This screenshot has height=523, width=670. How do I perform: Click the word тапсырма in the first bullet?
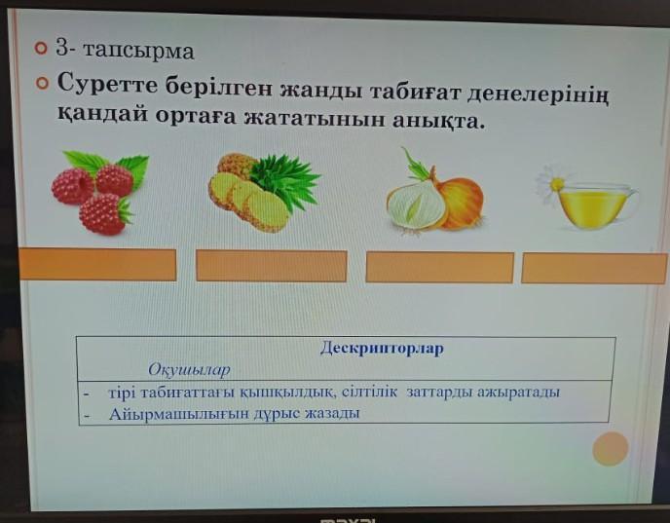(138, 51)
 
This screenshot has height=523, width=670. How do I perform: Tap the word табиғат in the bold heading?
(412, 92)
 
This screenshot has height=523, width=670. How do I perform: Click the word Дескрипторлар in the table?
(382, 348)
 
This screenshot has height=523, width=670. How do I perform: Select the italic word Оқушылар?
(189, 369)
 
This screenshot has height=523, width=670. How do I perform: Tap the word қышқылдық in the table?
(289, 392)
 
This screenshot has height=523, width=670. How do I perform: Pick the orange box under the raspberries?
(97, 265)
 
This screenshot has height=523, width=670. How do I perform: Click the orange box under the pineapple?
(272, 266)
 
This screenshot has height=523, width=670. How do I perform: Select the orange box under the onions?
(440, 268)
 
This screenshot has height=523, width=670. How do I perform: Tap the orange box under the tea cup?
(594, 269)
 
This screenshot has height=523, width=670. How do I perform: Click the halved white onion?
(415, 206)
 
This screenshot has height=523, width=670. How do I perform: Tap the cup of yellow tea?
(596, 205)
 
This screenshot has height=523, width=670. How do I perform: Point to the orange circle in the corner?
(611, 449)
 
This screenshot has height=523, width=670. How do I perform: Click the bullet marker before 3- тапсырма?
(41, 48)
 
